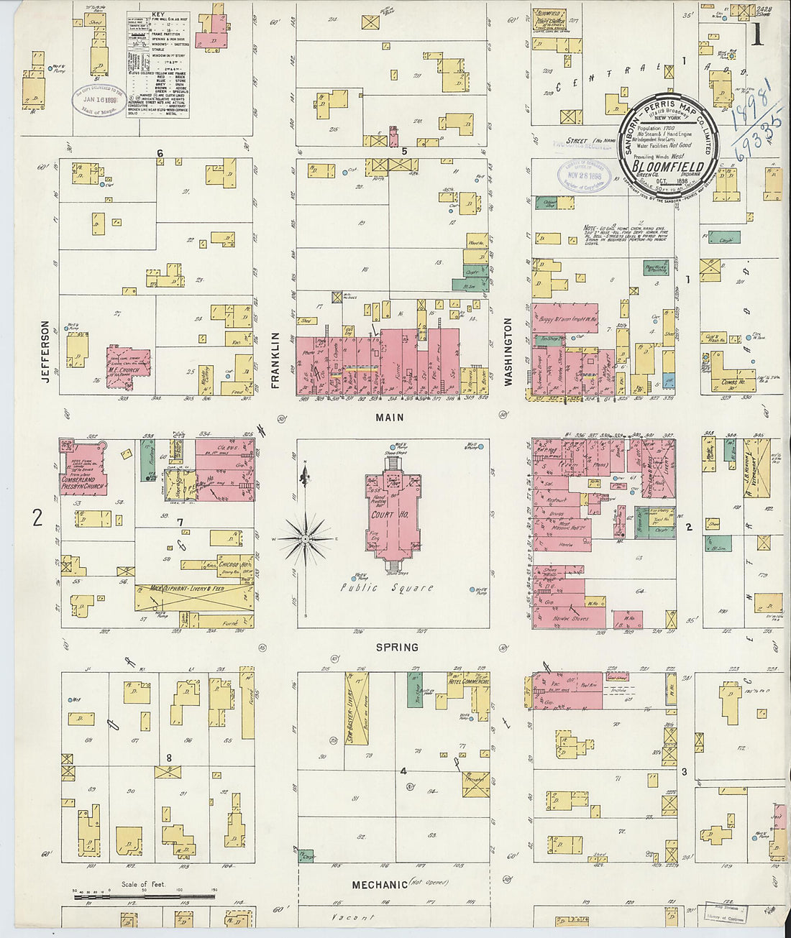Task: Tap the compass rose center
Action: point(306,538)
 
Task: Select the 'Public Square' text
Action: point(388,587)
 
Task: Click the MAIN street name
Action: point(389,417)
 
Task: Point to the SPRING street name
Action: point(397,647)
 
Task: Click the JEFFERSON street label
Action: point(45,351)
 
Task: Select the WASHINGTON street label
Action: point(508,352)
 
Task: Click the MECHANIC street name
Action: point(380,884)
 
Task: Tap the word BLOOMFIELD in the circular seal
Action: point(668,167)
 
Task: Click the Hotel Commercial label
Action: point(468,681)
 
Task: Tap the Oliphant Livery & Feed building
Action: point(193,597)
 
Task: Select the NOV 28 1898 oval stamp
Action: point(584,175)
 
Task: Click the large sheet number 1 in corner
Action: point(756,34)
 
